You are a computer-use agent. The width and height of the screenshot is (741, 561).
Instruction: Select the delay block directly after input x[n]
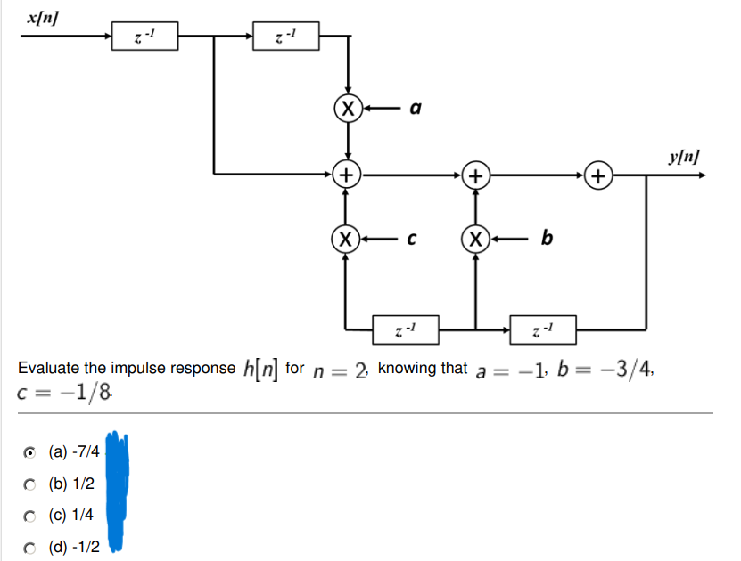coord(144,37)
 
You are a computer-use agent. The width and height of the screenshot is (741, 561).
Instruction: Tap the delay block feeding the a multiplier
coord(285,37)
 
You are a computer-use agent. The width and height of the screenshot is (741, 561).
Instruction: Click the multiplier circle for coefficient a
coord(347,110)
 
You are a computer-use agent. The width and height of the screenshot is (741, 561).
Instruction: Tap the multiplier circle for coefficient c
coord(347,239)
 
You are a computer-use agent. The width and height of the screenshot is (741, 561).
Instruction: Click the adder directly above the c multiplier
coord(347,175)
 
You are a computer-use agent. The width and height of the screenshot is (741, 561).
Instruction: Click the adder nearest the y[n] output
coord(599,175)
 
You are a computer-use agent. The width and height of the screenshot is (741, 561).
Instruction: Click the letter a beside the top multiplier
coord(415,110)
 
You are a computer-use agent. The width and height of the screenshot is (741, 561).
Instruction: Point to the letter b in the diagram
coord(547,237)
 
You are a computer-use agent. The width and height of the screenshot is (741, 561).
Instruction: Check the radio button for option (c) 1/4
coord(29,514)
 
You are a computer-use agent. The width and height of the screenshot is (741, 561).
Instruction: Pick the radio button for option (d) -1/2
coord(29,545)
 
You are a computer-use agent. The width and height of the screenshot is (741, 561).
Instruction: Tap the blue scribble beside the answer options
coord(118,490)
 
